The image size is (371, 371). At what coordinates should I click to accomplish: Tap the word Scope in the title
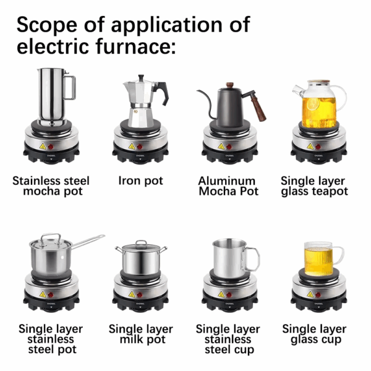point(47,24)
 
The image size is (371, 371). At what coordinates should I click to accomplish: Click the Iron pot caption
point(140,181)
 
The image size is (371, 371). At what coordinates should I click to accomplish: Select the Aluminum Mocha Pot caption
point(228,186)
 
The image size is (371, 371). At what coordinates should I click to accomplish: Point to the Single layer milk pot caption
point(141,334)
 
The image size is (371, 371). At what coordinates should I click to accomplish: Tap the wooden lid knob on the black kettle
point(229,85)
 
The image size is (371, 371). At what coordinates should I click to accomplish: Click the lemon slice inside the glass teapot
point(313,104)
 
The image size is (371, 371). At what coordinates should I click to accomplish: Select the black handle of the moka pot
point(161,92)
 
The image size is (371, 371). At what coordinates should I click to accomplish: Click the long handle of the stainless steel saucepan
point(88,242)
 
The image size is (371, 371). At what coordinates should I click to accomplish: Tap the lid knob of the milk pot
point(141,243)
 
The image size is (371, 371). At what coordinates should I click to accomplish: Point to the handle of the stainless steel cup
point(251,260)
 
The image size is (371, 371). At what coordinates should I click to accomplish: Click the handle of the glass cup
point(338,256)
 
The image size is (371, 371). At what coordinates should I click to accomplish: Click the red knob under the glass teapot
point(318,147)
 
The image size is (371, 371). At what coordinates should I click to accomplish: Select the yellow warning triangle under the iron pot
point(132,147)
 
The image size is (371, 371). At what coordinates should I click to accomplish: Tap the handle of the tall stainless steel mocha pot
point(70,88)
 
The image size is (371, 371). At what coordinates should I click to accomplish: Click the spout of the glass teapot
point(297,91)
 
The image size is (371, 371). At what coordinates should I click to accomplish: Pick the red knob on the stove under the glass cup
point(318,295)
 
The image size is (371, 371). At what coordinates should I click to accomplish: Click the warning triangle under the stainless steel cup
point(221,294)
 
